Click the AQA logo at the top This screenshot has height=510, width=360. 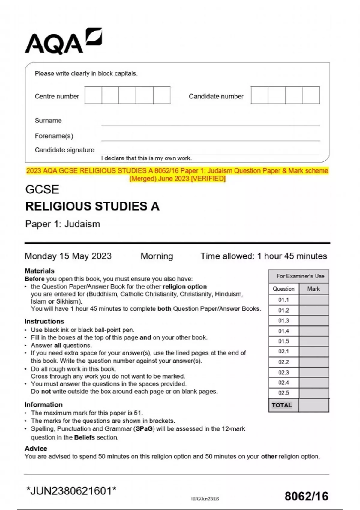[63, 42]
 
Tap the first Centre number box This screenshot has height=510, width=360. [93, 95]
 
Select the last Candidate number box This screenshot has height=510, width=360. [311, 95]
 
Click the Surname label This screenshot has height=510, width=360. [48, 121]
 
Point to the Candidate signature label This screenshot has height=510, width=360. [64, 150]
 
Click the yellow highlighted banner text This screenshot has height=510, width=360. [177, 174]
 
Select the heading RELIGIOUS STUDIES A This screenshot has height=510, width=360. [92, 206]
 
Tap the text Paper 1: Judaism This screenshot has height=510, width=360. [62, 224]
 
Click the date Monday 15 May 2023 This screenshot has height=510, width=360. [68, 256]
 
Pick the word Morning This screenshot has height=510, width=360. [157, 256]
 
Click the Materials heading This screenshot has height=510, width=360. [39, 271]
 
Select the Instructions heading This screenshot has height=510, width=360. [44, 321]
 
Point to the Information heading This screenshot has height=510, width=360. [43, 404]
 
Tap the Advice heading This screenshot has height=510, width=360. [36, 448]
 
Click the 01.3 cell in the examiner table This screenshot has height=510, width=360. [283, 321]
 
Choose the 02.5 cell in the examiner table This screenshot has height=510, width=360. [283, 393]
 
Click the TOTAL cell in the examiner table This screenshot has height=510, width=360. [282, 405]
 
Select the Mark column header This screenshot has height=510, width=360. [313, 289]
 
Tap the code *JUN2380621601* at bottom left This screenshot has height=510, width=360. [71, 491]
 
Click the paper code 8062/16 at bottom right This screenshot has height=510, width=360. [306, 496]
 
